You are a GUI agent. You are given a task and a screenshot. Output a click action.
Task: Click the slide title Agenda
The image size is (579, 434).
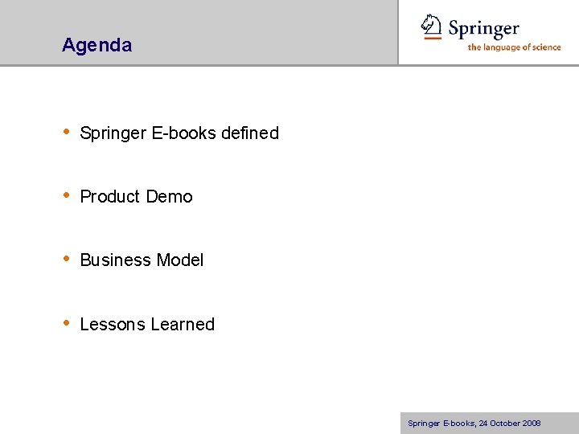96,45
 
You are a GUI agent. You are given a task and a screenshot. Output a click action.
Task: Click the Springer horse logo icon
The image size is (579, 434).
432,27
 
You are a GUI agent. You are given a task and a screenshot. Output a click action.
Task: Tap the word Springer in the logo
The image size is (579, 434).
483,30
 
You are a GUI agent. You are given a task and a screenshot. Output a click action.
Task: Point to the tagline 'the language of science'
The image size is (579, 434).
514,47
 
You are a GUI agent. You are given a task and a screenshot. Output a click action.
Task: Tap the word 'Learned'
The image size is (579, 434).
183,324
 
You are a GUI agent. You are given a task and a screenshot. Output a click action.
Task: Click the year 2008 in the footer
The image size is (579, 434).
531,424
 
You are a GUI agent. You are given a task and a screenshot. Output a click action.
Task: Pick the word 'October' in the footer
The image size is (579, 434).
504,424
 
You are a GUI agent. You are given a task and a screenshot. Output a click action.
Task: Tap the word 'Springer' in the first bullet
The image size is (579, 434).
113,133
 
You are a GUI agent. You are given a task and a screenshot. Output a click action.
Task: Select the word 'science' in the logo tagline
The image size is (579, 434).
544,47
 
